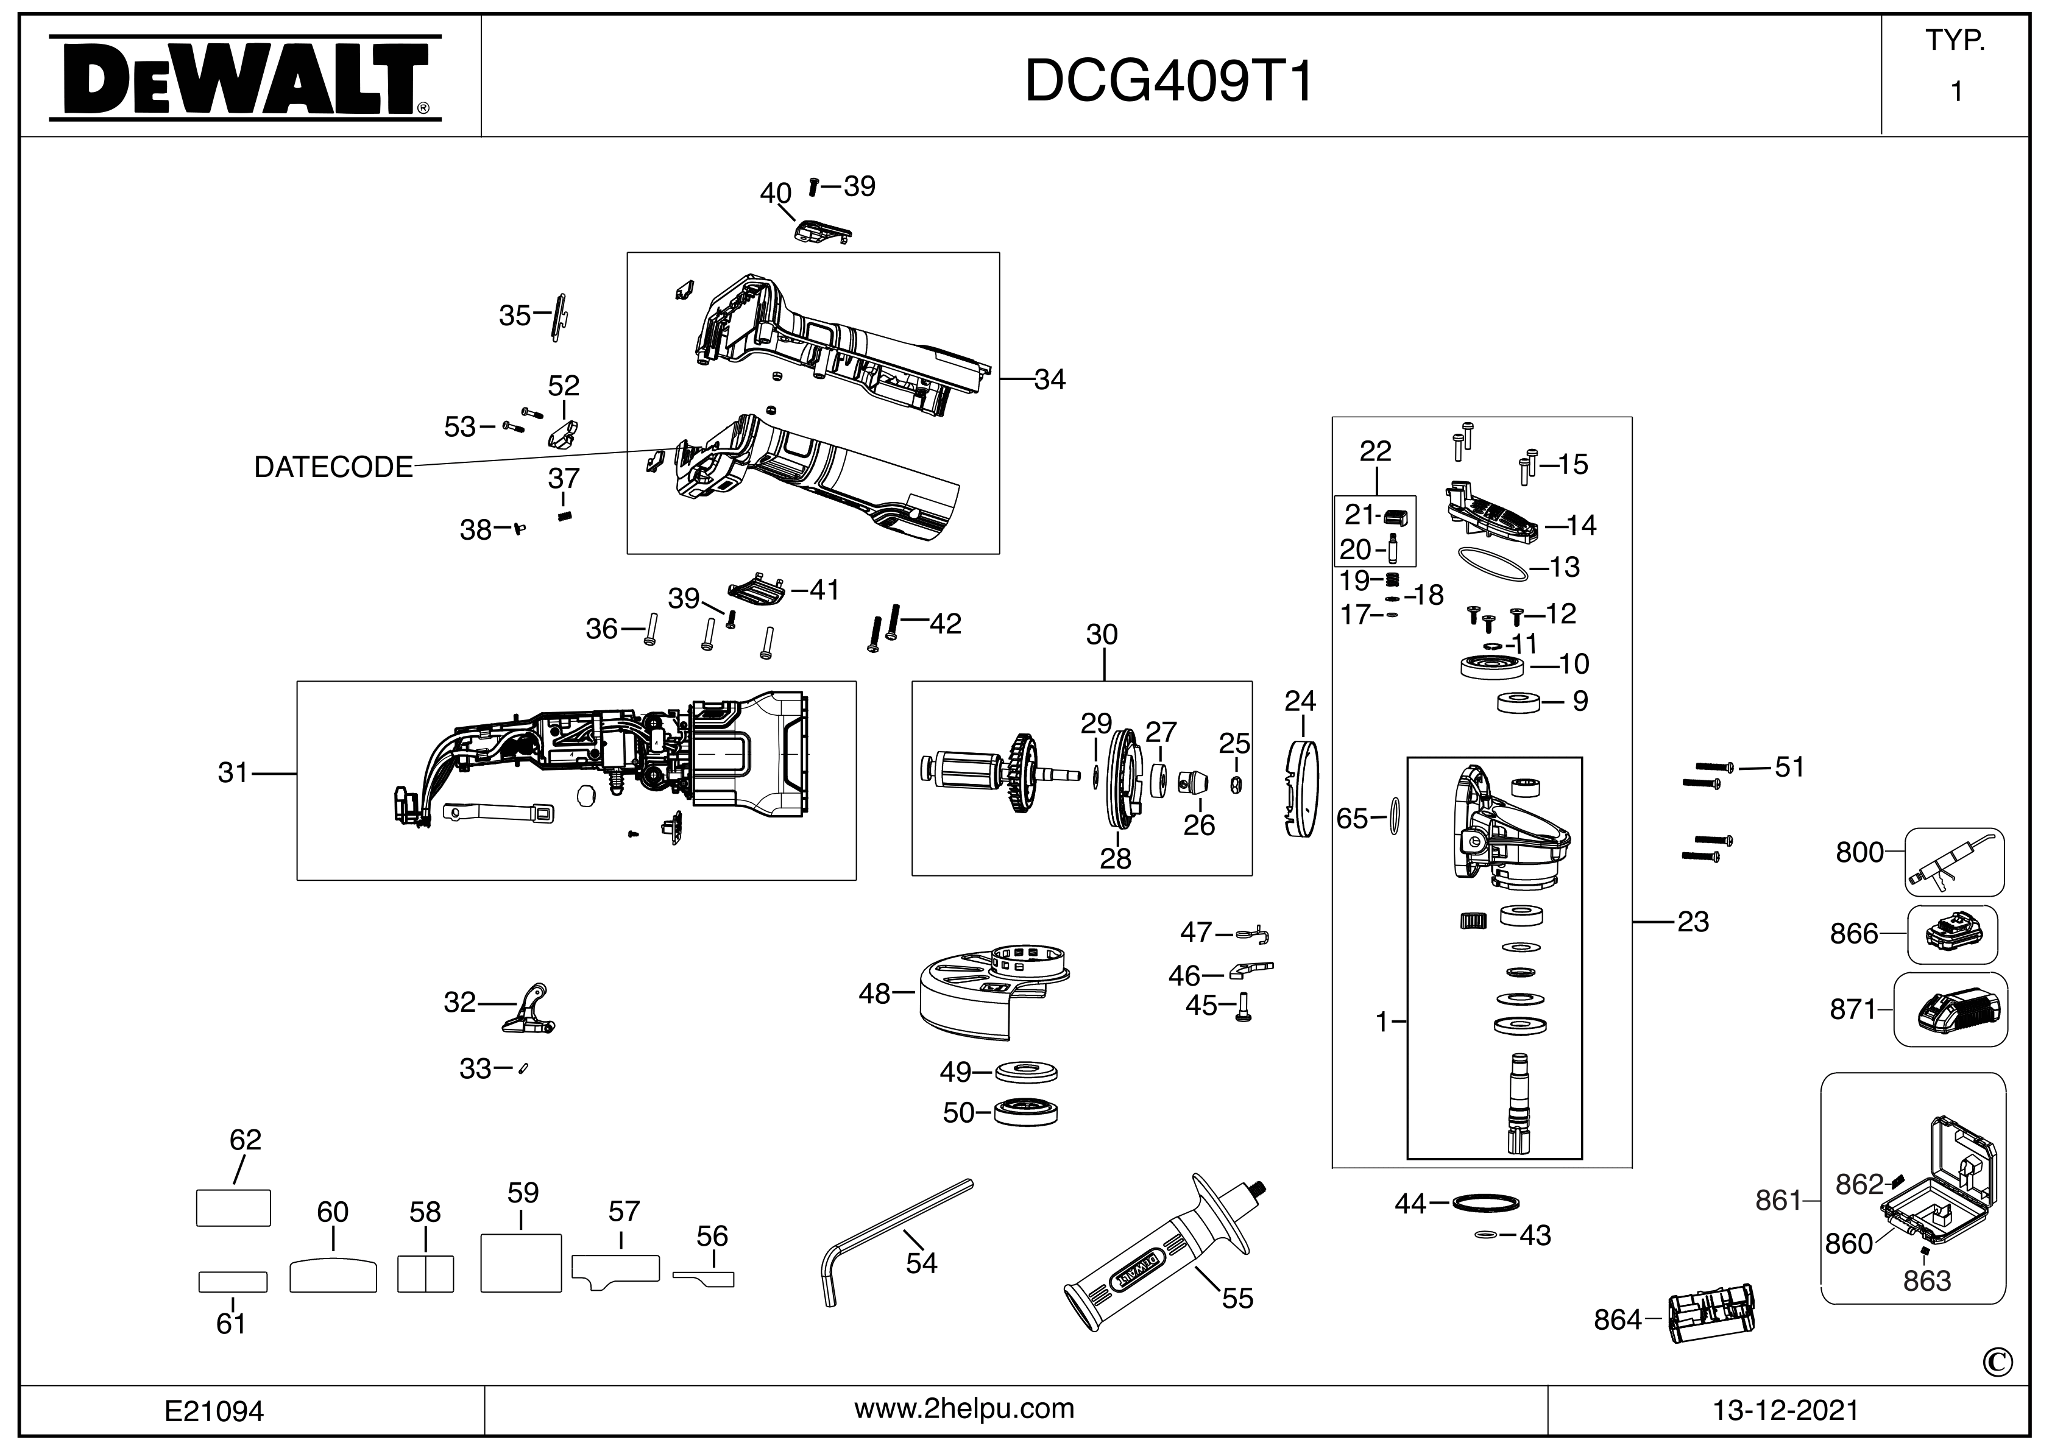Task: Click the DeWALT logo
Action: coord(244,78)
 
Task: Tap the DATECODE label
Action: coord(333,467)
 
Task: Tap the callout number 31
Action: coord(232,772)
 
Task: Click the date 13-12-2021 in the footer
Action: coord(1786,1410)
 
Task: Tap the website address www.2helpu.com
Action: coord(964,1408)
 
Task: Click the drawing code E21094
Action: coord(214,1411)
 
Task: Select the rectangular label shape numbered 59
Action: coord(520,1263)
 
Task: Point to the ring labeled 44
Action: coord(1485,1202)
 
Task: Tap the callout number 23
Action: coord(1692,921)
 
